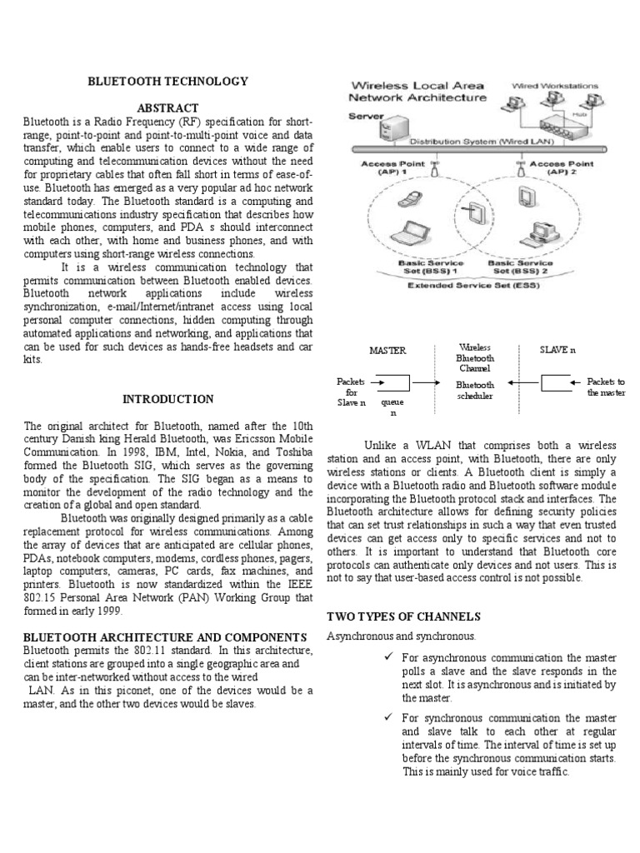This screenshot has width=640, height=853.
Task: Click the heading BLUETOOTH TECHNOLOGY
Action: (x=168, y=81)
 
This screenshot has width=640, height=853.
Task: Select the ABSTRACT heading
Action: (x=168, y=108)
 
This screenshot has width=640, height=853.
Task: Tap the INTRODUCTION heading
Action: (x=168, y=399)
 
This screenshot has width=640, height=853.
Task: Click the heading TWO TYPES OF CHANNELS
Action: (x=403, y=616)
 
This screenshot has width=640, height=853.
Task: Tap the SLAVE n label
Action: (x=557, y=351)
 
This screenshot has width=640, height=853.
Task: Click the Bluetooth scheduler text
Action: (x=475, y=391)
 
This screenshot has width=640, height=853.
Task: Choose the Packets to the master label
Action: (x=606, y=387)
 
